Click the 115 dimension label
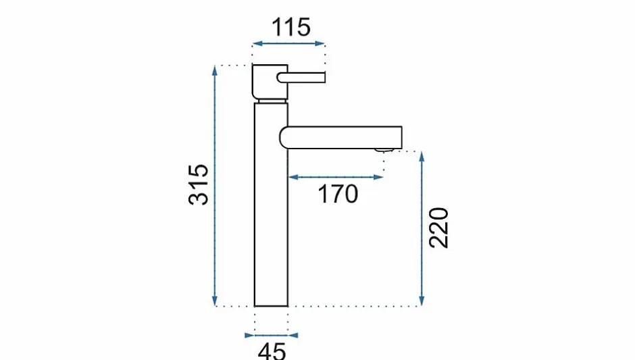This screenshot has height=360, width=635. pos(290,27)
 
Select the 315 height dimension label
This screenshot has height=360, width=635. pos(199,184)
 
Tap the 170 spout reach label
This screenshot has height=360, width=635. pos(338,194)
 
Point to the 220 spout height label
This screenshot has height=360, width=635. pos(439,228)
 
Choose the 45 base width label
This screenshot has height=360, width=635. pos(272,351)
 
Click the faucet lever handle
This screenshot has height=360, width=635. pos(301,77)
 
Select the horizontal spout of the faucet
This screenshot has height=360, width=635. pos(340,137)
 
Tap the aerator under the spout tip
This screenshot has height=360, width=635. pos(384,150)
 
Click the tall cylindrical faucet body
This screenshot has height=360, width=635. pos(271,205)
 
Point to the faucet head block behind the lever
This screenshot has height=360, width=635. pos(270,82)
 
